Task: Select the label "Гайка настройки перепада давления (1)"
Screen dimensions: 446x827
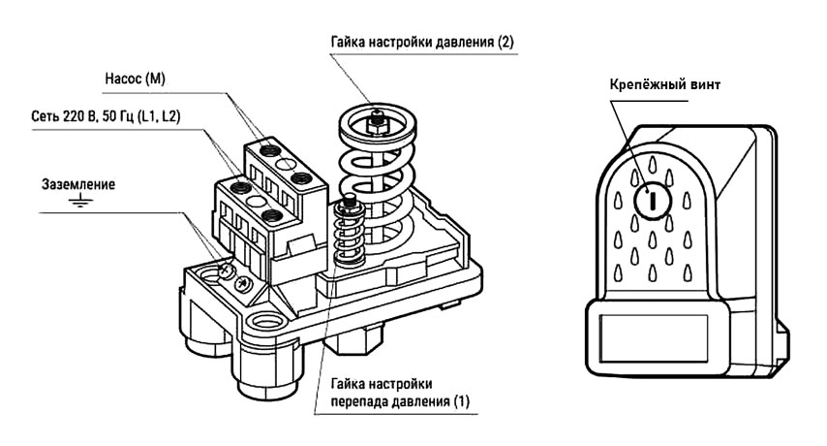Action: coord(398,392)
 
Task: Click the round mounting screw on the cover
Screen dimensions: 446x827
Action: coord(653,201)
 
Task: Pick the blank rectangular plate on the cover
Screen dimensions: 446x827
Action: coord(659,333)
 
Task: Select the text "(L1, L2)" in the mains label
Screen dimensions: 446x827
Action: coord(164,117)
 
